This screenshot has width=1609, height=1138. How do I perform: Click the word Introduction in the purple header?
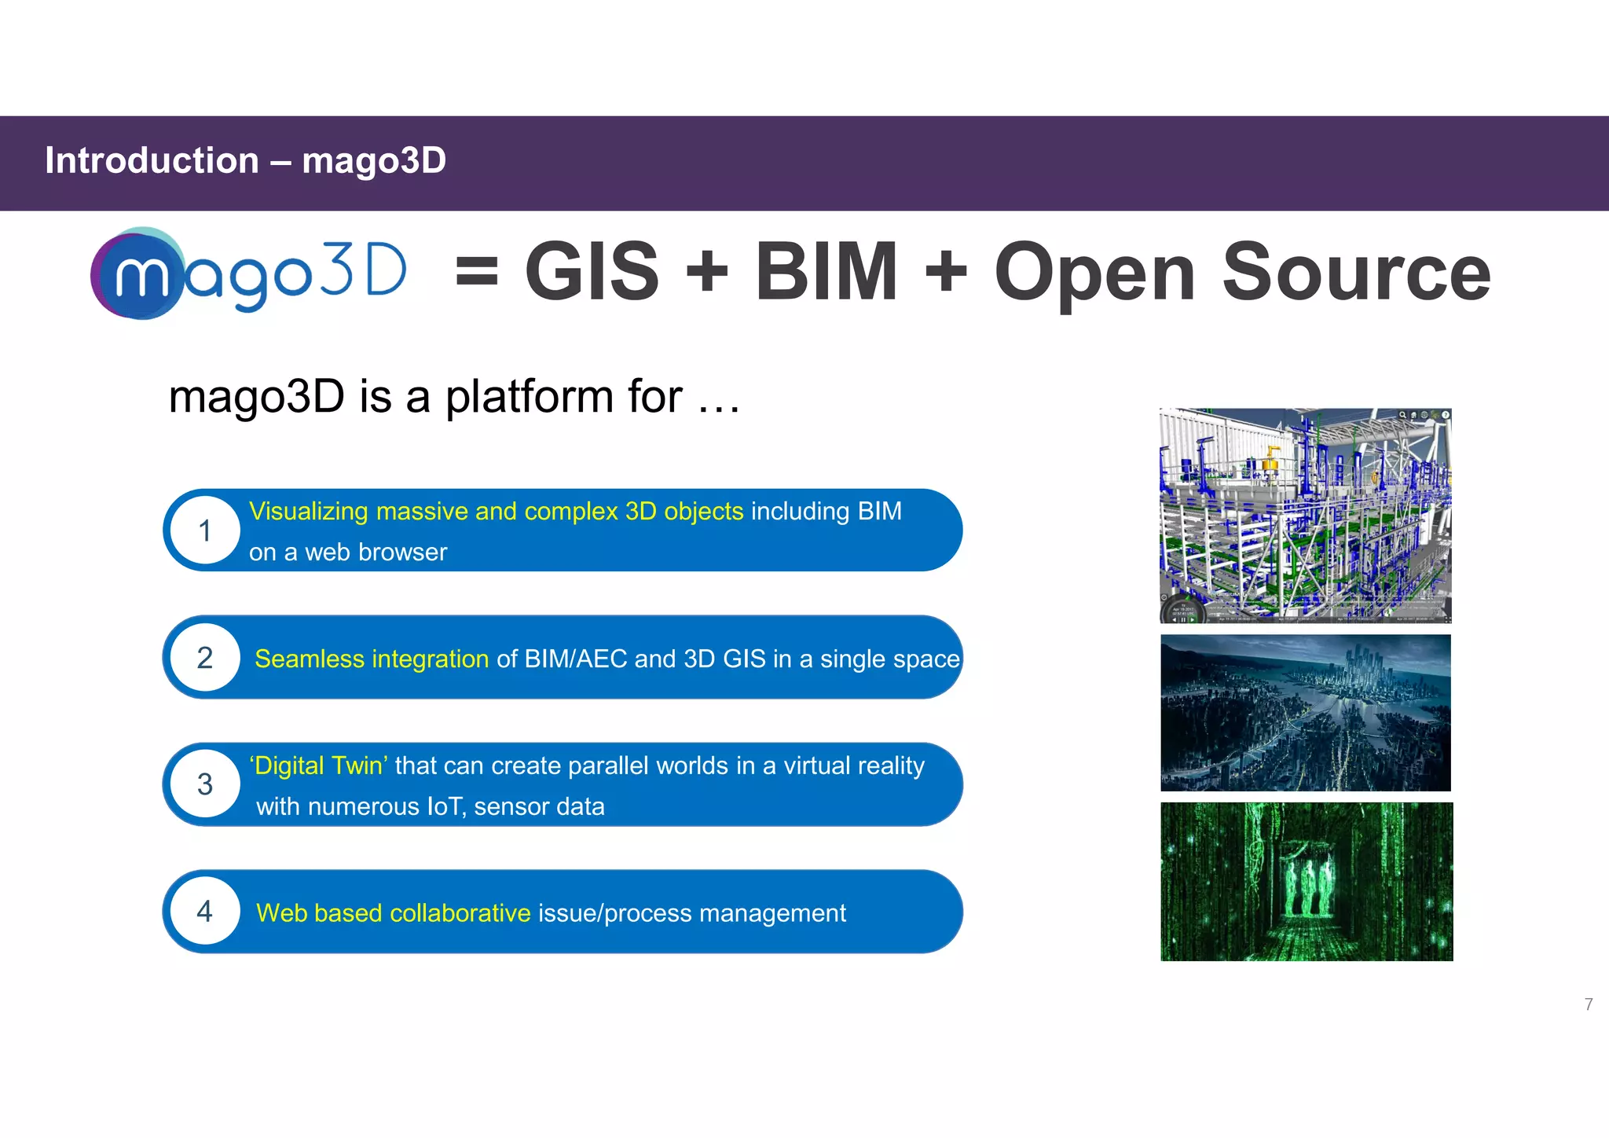pyautogui.click(x=152, y=161)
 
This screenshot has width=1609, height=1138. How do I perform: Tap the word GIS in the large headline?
pyautogui.click(x=592, y=272)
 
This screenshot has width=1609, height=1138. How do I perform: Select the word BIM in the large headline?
pyautogui.click(x=826, y=272)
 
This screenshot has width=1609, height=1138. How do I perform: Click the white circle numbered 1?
pyautogui.click(x=205, y=531)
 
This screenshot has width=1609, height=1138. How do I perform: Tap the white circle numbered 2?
pyautogui.click(x=205, y=658)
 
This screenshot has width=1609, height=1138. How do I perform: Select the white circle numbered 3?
pyautogui.click(x=205, y=784)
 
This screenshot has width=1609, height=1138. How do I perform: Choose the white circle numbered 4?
pyautogui.click(x=205, y=911)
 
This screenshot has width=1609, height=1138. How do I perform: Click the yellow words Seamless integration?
pyautogui.click(x=372, y=659)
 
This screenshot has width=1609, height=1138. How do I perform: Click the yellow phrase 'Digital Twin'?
pyautogui.click(x=318, y=765)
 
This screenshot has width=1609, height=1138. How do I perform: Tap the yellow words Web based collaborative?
pyautogui.click(x=393, y=913)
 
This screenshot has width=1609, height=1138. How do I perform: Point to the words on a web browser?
pyautogui.click(x=347, y=552)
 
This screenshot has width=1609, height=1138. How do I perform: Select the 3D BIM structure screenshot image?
pyautogui.click(x=1305, y=516)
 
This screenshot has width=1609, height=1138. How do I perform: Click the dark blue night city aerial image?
pyautogui.click(x=1305, y=713)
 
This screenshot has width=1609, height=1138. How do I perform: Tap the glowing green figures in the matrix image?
pyautogui.click(x=1307, y=879)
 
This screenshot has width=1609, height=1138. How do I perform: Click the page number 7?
pyautogui.click(x=1589, y=1004)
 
